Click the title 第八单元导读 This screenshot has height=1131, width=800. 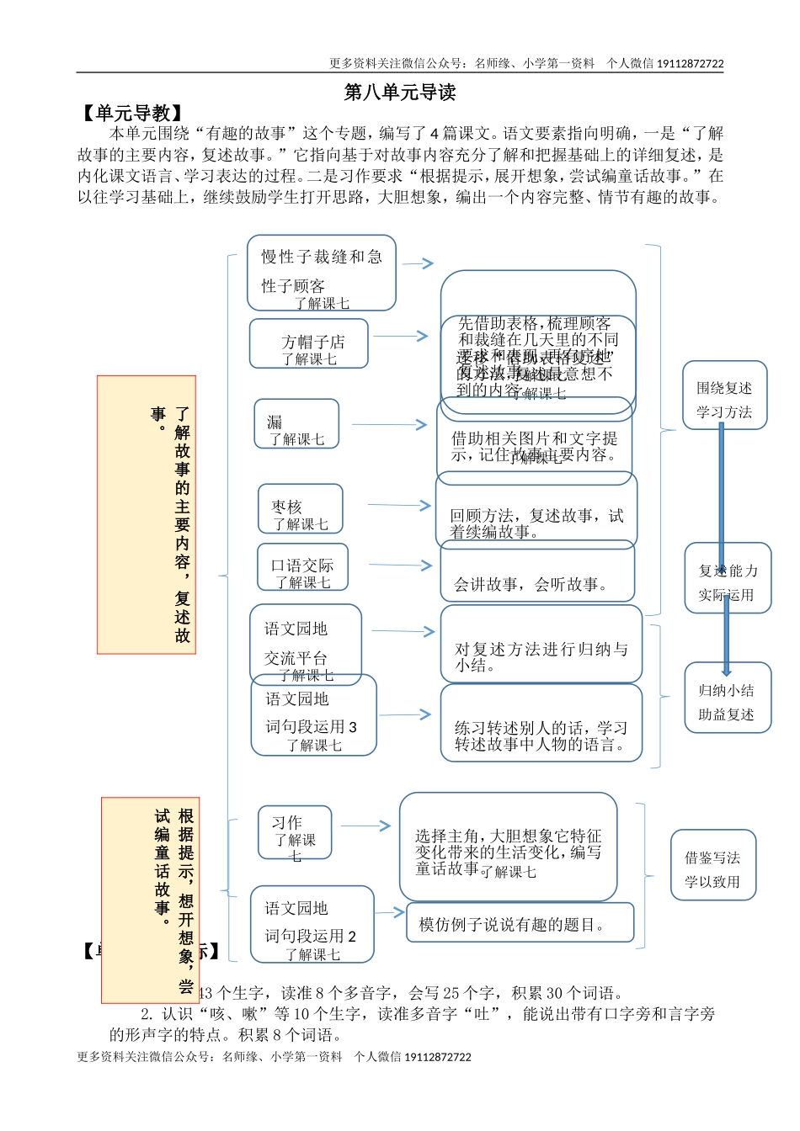(400, 93)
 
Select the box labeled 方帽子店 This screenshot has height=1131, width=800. (309, 343)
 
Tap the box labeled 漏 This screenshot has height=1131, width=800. (296, 423)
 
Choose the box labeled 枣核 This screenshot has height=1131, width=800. (300, 508)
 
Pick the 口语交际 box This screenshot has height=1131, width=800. (302, 567)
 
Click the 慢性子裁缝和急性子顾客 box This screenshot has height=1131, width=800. (322, 273)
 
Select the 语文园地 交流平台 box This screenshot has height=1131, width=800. (306, 644)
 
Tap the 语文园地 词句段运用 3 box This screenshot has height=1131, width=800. (313, 715)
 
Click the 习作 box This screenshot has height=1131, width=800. (295, 832)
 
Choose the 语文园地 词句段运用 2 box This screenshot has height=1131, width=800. (312, 923)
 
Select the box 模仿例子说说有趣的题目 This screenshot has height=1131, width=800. (520, 923)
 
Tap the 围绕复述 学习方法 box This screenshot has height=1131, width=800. (724, 396)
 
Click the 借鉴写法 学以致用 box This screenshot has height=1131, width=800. (712, 865)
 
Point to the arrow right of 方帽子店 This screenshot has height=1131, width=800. (401, 336)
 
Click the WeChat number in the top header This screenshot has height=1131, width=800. (690, 63)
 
